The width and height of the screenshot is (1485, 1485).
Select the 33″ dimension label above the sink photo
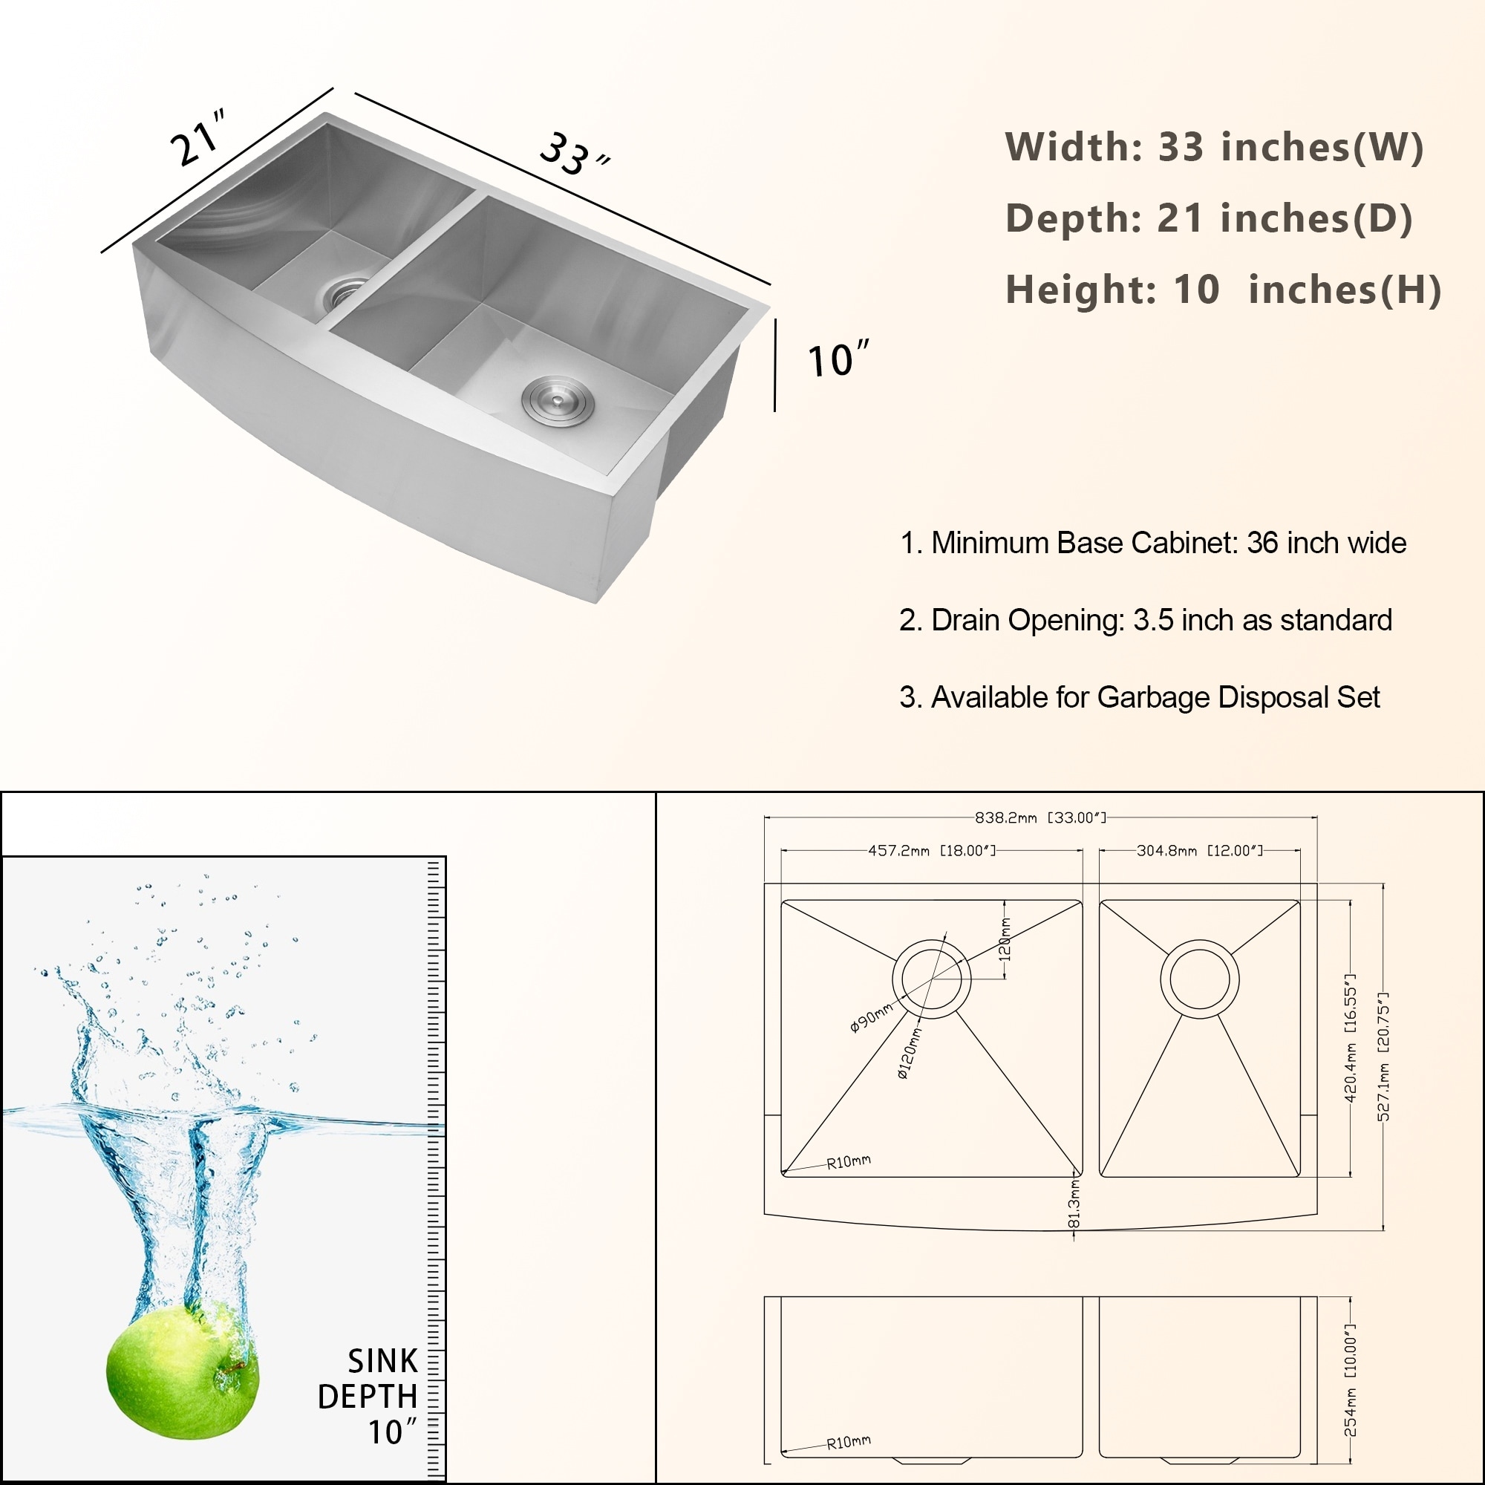[573, 155]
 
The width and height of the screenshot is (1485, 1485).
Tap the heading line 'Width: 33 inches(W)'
[1215, 146]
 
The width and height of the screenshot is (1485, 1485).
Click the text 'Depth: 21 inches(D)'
[1209, 218]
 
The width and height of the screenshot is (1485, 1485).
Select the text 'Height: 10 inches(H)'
[1223, 289]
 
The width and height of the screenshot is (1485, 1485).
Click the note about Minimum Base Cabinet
[1153, 543]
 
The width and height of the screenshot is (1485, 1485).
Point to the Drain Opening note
[1145, 619]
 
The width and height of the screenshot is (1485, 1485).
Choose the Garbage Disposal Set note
[1140, 697]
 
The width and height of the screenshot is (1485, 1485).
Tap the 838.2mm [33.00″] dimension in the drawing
[1040, 817]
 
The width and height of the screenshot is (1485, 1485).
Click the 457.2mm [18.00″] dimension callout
[932, 851]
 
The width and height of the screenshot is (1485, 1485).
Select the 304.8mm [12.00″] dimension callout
[1199, 851]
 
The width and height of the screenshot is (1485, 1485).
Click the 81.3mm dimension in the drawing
[1074, 1204]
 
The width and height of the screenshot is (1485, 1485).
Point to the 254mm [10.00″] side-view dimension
[1351, 1380]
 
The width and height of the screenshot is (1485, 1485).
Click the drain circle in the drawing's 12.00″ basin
[1199, 979]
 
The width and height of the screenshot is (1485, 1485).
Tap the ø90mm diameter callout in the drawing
[871, 1017]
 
